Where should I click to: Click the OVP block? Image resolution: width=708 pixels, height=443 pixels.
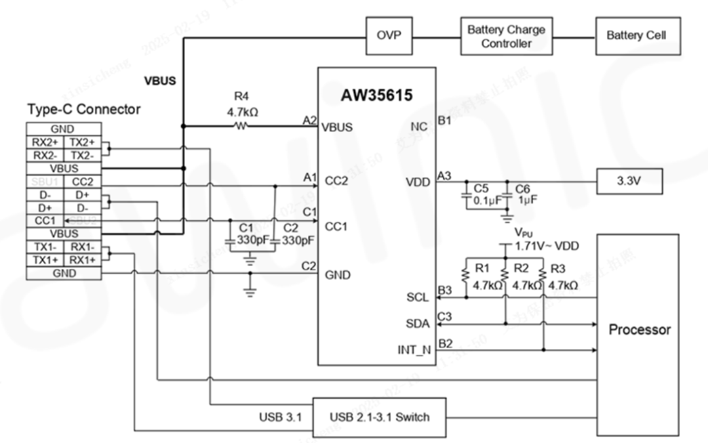392,36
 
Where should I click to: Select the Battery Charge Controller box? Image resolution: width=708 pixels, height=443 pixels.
505,37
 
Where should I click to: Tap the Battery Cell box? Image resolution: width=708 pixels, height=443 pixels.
635,36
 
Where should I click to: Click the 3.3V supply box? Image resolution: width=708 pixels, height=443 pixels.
629,181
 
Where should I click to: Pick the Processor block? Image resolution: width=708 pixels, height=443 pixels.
639,329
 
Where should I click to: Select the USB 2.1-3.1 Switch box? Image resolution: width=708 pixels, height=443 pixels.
379,417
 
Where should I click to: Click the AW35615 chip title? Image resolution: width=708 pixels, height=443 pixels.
376,96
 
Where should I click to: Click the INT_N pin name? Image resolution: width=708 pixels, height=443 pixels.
415,350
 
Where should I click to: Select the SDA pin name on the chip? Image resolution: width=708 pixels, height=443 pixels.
418,324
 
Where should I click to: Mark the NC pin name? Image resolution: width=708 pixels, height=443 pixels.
420,127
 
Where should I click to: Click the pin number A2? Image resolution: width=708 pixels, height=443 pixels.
309,120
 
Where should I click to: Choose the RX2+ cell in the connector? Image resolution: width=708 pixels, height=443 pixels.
45,142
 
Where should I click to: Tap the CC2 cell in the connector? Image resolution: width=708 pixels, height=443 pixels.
83,181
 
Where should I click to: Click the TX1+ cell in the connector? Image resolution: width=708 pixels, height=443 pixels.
45,260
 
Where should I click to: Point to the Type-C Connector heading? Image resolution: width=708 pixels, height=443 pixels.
84,110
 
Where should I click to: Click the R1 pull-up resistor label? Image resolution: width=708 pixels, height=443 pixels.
482,269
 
